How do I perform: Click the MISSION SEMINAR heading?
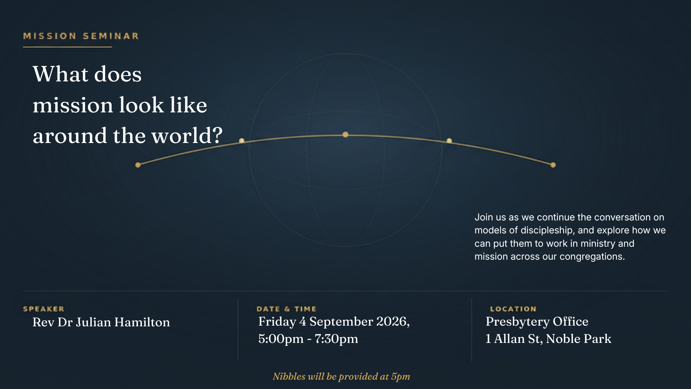pos(81,36)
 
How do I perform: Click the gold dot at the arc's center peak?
pos(345,135)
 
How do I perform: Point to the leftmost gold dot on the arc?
pos(138,165)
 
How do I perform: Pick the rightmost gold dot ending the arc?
pos(553,165)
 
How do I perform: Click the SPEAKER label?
pos(44,309)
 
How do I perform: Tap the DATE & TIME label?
pos(286,309)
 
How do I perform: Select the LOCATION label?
pos(513,309)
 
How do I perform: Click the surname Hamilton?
pos(142,322)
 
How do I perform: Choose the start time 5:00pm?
pos(281,339)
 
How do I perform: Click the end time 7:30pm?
pos(337,339)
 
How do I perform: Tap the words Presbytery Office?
pos(537,321)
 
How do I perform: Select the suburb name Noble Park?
pos(579,339)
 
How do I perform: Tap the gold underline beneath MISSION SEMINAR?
pos(68,47)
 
